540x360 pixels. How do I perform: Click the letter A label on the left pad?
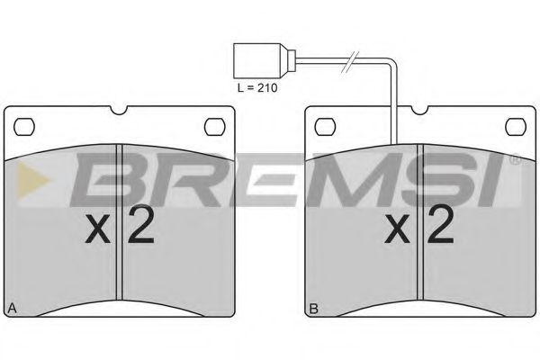12,309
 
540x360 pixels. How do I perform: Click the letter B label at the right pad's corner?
313,309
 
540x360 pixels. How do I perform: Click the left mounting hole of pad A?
26,123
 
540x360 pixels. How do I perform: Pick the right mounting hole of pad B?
516,123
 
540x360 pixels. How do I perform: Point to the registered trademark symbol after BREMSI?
515,160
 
